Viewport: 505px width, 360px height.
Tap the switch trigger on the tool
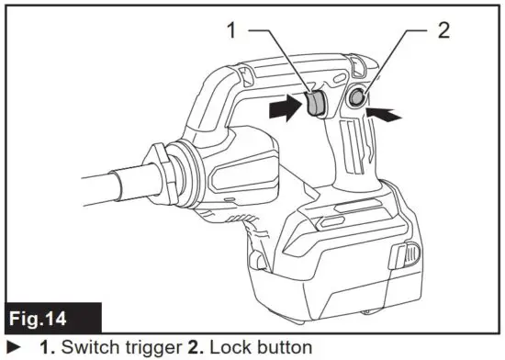[314, 104]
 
